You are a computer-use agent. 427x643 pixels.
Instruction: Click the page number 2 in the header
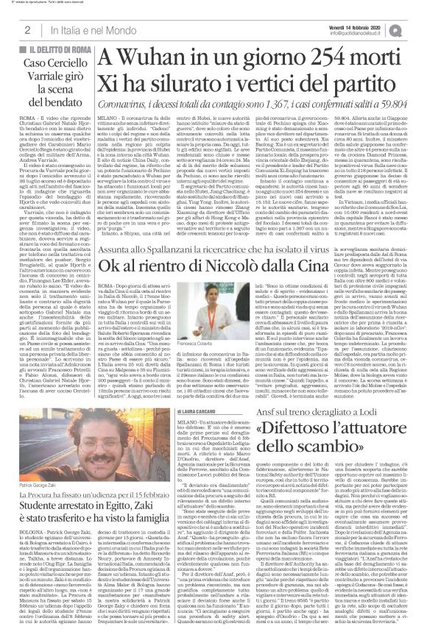coord(27,29)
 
